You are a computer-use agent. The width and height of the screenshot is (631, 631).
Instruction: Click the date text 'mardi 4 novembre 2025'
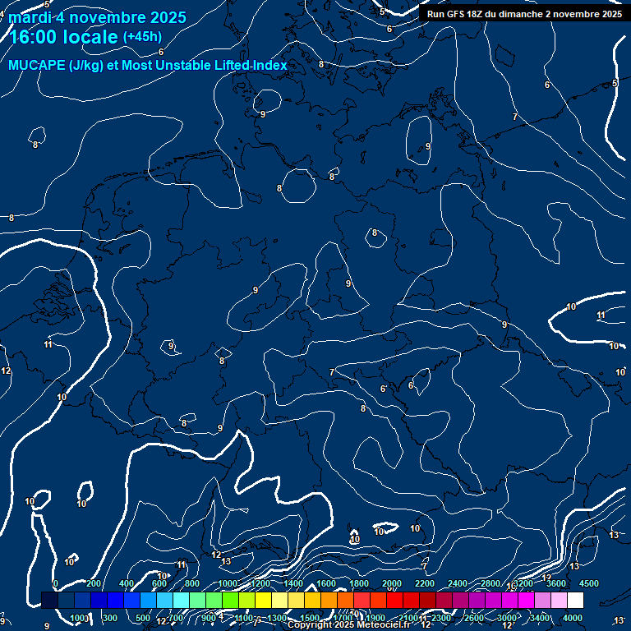pyautogui.click(x=97, y=17)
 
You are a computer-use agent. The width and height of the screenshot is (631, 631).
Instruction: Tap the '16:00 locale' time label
pyautogui.click(x=63, y=37)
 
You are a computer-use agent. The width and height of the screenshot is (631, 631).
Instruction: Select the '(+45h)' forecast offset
pyautogui.click(x=142, y=37)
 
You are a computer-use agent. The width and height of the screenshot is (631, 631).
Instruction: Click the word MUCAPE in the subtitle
pyautogui.click(x=38, y=66)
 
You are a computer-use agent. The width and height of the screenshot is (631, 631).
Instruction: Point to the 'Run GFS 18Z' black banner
pyautogui.click(x=524, y=14)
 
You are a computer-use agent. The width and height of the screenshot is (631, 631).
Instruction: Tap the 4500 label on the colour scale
pyautogui.click(x=589, y=583)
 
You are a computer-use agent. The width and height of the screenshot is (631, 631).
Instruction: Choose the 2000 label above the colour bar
pyautogui.click(x=392, y=583)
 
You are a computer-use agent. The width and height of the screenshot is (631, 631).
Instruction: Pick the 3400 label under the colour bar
pyautogui.click(x=540, y=618)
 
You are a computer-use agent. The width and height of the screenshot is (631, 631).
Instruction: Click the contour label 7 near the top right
pyautogui.click(x=515, y=117)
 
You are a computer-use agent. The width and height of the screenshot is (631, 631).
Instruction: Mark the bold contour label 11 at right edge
pyautogui.click(x=601, y=315)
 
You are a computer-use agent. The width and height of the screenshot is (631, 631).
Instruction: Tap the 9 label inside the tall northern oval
pyautogui.click(x=428, y=146)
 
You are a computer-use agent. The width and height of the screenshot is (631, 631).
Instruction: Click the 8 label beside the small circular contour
pyautogui.click(x=280, y=188)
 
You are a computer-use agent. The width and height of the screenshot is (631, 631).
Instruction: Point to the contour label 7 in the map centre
pyautogui.click(x=332, y=372)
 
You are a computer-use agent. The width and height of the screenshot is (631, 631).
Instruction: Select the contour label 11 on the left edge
pyautogui.click(x=48, y=344)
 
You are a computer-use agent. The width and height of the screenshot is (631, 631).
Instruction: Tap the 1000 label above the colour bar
pyautogui.click(x=228, y=583)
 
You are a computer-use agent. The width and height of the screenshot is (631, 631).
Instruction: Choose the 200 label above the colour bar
pyautogui.click(x=94, y=583)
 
